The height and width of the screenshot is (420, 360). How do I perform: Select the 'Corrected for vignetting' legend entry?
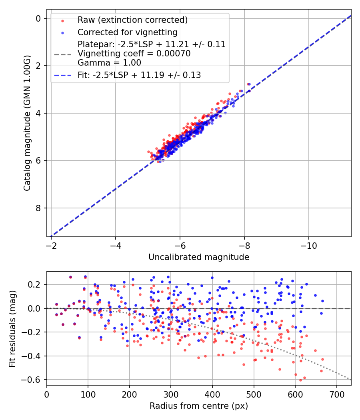tap(128, 32)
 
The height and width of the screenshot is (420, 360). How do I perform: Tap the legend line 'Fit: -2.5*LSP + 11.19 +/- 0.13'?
tap(139, 75)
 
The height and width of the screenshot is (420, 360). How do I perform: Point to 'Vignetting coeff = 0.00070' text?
tap(134, 54)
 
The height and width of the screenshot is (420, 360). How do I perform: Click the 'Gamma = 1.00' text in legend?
tap(109, 63)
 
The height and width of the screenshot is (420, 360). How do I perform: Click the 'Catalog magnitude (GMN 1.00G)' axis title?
tap(27, 124)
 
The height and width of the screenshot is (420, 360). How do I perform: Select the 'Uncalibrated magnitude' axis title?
tap(199, 257)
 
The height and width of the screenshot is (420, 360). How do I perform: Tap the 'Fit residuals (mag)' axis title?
tap(12, 328)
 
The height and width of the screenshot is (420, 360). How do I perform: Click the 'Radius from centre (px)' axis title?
tap(199, 406)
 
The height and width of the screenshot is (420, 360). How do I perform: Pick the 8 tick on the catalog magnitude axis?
tap(38, 208)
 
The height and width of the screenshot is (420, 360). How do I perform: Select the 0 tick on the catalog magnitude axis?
tap(38, 18)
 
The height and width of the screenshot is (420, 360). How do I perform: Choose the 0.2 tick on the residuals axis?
tap(36, 284)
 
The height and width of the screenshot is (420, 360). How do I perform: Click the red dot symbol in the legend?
tap(62, 20)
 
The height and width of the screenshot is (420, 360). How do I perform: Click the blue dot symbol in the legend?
tap(62, 32)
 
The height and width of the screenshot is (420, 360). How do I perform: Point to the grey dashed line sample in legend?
tap(62, 54)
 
